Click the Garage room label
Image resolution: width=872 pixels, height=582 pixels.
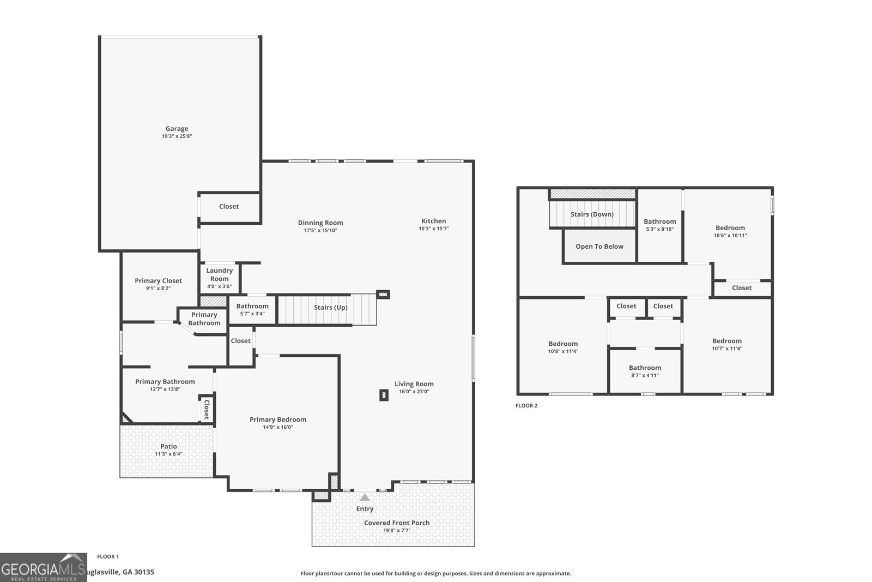(177, 129)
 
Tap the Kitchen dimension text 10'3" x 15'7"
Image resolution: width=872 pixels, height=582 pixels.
(434, 229)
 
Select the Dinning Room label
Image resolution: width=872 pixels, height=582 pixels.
(320, 223)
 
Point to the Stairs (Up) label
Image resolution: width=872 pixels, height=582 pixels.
(330, 307)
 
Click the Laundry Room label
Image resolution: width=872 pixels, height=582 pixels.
(220, 275)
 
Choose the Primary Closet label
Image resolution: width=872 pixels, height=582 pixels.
(158, 281)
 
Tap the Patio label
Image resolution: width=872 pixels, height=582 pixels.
(168, 446)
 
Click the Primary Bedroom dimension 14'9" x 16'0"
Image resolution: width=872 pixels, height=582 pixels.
(278, 427)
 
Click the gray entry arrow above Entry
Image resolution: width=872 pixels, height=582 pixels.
(365, 497)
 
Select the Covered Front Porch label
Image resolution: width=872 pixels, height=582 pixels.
(397, 523)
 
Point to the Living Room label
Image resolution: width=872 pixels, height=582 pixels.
(414, 384)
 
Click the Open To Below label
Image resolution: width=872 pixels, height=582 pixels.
(599, 247)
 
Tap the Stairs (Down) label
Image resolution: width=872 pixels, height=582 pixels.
(592, 214)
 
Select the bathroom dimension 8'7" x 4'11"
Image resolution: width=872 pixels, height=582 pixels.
(645, 375)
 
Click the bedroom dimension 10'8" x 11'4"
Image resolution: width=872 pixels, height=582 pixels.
(564, 351)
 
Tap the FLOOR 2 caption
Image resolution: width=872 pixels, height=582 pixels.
(526, 405)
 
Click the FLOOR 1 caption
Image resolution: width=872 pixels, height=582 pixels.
(108, 557)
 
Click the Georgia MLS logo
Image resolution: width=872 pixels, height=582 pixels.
(43, 568)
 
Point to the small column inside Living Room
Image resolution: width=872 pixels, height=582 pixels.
(384, 395)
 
